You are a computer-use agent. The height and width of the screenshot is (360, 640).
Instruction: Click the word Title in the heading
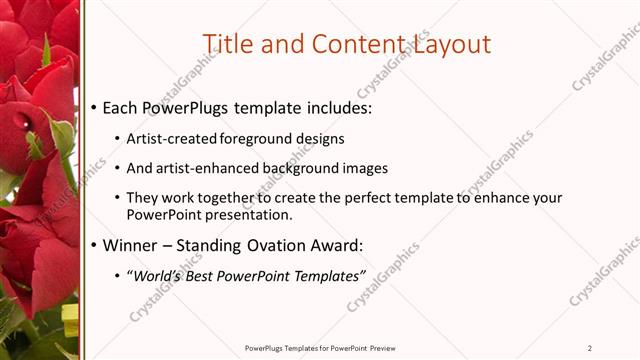coord(228,44)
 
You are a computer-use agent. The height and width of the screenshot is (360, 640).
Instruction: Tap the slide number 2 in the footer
coord(590,348)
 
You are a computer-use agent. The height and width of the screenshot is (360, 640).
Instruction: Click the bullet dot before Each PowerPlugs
coord(93,107)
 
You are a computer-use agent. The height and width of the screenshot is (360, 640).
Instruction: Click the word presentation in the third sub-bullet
coord(249,214)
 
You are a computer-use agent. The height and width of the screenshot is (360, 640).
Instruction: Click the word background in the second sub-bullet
coord(300,168)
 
